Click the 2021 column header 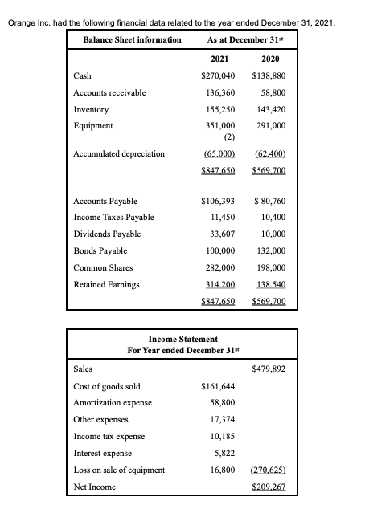tap(218, 59)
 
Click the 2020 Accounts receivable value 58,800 tap(275, 93)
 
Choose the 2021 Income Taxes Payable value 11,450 tap(221, 218)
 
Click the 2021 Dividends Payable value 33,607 tap(221, 234)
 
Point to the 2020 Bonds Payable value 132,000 tap(273, 250)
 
